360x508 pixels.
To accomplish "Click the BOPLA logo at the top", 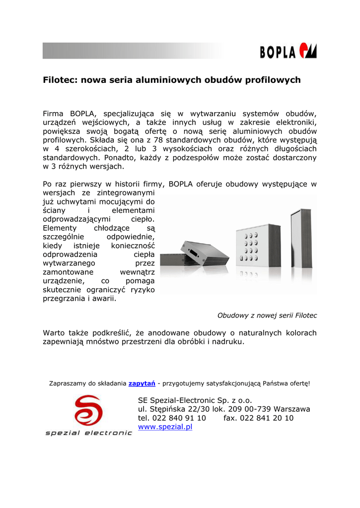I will [288, 51].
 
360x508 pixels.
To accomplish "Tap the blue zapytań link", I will [142, 383].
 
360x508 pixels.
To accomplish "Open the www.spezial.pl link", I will [165, 427].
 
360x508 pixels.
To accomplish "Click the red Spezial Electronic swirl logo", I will [88, 411].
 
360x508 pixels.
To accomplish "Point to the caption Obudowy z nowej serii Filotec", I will [267, 315].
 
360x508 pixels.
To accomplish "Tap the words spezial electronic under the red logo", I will [88, 433].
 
